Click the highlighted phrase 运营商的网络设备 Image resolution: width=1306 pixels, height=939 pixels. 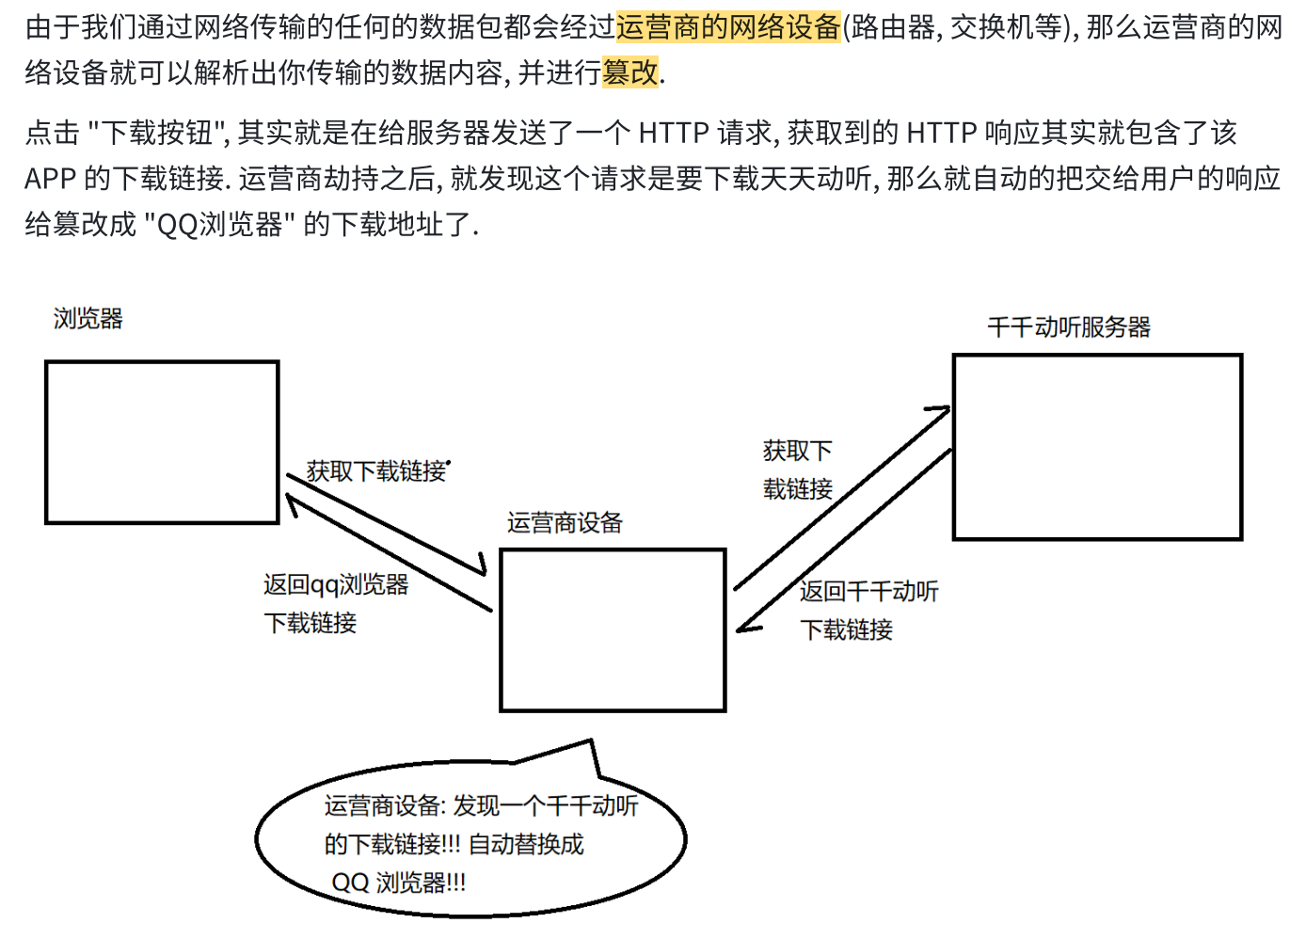click(x=727, y=27)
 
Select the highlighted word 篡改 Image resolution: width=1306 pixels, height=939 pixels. click(x=629, y=72)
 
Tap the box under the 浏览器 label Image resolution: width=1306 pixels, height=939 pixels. click(x=162, y=441)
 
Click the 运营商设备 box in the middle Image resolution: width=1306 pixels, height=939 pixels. click(x=613, y=629)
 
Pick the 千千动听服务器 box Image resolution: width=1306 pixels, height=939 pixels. click(x=1097, y=446)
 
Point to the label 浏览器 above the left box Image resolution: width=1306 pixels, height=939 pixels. click(x=88, y=319)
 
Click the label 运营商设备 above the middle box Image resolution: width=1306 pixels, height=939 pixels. click(x=565, y=523)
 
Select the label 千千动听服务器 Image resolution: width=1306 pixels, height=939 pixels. click(x=1069, y=327)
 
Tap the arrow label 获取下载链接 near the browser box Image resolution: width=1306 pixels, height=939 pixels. click(x=375, y=471)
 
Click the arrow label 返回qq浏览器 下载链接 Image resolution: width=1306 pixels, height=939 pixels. click(x=335, y=603)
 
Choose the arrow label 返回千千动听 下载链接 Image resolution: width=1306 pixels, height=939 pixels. click(x=868, y=610)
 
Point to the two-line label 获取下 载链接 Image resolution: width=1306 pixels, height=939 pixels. click(x=797, y=469)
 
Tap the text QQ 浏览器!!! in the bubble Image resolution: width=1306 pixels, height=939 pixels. click(x=398, y=883)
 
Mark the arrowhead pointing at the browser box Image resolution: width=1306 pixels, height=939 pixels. click(x=293, y=504)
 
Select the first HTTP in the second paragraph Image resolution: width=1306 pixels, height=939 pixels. click(x=673, y=133)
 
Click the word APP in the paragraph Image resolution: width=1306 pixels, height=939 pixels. click(x=49, y=178)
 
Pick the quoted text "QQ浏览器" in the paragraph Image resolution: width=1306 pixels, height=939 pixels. click(x=219, y=224)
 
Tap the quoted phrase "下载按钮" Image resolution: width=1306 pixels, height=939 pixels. click(x=158, y=133)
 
